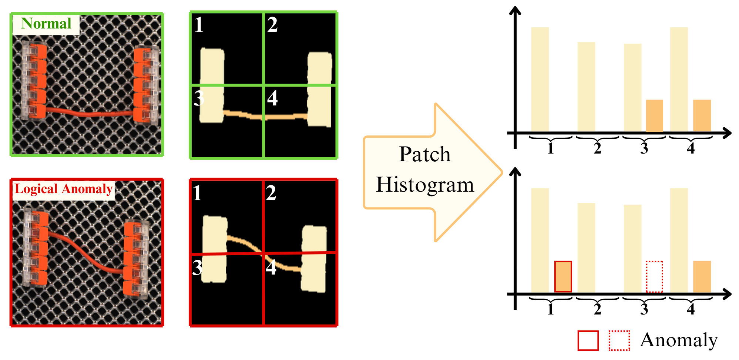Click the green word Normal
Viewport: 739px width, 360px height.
[46, 24]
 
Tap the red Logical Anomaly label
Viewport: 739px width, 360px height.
[63, 189]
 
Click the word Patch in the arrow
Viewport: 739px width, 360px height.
[425, 154]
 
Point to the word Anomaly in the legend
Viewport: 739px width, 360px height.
[679, 340]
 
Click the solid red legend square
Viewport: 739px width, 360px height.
[588, 340]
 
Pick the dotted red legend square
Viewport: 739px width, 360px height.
[619, 340]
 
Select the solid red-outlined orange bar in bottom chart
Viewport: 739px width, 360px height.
[563, 276]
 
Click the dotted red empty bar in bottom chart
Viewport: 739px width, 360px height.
[654, 276]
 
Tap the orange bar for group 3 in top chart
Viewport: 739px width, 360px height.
[654, 115]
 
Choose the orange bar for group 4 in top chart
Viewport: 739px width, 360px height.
[702, 115]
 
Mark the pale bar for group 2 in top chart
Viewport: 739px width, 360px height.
[586, 87]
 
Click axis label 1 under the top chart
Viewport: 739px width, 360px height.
[550, 148]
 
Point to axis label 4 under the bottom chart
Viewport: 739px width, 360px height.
[691, 309]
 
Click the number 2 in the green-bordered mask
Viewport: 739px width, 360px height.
[272, 25]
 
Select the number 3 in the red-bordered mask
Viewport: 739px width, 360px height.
[197, 268]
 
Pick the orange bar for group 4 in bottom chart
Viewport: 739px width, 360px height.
[702, 277]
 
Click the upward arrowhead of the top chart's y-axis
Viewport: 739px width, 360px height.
[515, 10]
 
